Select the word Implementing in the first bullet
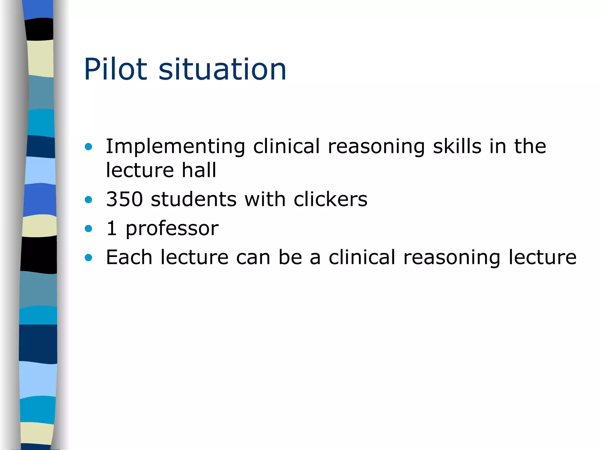pyautogui.click(x=175, y=146)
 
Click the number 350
pyautogui.click(x=125, y=199)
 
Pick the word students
pyautogui.click(x=194, y=199)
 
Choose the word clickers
pyautogui.click(x=330, y=199)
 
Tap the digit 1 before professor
pyautogui.click(x=112, y=228)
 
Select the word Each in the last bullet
pyautogui.click(x=129, y=257)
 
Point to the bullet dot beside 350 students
pyautogui.click(x=88, y=200)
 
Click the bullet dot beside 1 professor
pyautogui.click(x=88, y=229)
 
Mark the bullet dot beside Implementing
pyautogui.click(x=88, y=146)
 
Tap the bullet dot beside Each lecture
pyautogui.click(x=88, y=258)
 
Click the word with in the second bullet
pyautogui.click(x=265, y=199)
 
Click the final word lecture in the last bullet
pyautogui.click(x=542, y=257)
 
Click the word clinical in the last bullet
pyautogui.click(x=362, y=257)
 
